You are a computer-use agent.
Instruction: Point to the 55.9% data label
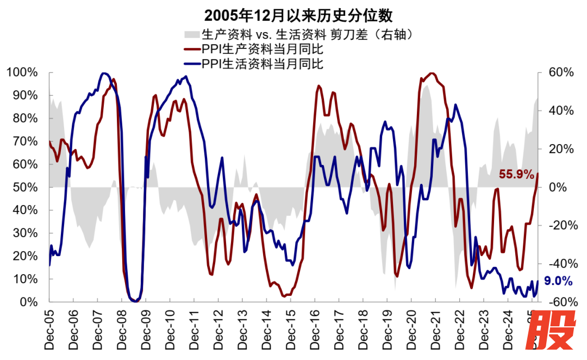click(x=517, y=175)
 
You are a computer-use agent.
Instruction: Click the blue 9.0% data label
click(x=558, y=281)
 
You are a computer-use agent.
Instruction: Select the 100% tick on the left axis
click(x=22, y=72)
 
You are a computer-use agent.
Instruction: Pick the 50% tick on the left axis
click(x=25, y=187)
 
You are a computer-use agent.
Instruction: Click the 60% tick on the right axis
click(x=554, y=72)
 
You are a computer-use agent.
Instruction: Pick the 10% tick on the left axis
click(x=25, y=279)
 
